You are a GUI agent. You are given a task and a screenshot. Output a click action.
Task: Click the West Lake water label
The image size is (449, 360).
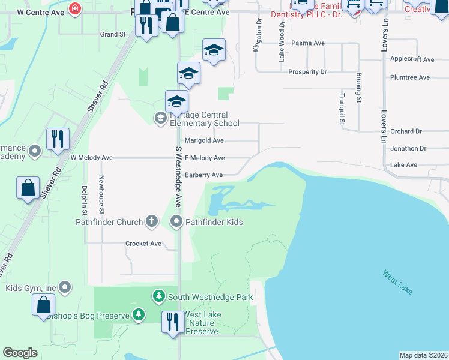397,282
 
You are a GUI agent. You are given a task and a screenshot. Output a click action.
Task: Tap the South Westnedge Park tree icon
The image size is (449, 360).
159,296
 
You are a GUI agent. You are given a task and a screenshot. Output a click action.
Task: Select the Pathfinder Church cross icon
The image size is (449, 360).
152,222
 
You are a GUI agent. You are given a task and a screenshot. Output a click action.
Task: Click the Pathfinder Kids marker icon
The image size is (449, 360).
176,222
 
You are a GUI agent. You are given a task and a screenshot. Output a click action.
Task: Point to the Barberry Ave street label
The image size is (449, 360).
203,175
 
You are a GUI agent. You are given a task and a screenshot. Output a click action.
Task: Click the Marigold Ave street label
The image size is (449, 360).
203,140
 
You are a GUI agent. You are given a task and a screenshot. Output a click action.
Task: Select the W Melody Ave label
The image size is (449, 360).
91,158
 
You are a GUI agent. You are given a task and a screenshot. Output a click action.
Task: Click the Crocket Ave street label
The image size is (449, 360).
143,244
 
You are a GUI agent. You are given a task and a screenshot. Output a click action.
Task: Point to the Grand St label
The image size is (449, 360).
113,34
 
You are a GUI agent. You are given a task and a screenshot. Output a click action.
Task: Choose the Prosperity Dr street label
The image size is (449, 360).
307,72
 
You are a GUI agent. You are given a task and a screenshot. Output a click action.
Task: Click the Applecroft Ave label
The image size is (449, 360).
412,59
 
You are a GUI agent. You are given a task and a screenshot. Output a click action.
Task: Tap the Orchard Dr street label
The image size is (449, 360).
406,131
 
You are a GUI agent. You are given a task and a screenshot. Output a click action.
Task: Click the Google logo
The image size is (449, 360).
20,353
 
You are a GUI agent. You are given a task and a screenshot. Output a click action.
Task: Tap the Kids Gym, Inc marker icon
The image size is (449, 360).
65,288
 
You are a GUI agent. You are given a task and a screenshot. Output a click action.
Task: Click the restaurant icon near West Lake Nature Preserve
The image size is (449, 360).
173,320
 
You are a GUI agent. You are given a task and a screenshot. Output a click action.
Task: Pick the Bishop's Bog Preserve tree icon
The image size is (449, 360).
139,314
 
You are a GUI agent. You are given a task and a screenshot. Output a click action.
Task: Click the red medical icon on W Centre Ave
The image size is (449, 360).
75,8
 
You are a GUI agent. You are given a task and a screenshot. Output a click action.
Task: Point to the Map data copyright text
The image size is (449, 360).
423,355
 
